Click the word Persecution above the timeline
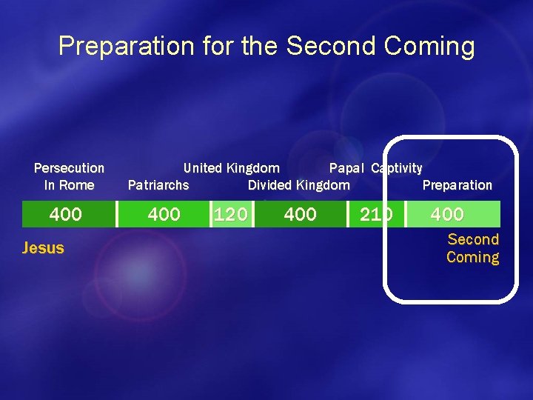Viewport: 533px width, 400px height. [69, 168]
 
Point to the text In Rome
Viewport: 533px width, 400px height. [69, 185]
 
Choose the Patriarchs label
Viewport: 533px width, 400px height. [158, 185]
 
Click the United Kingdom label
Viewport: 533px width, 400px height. [231, 168]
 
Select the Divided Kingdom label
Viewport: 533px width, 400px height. [298, 185]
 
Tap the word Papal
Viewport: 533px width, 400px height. [346, 168]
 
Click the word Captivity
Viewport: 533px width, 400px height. [397, 168]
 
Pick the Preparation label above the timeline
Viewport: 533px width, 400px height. [457, 185]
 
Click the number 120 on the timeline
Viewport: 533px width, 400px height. [230, 215]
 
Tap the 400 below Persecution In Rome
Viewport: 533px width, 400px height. [65, 215]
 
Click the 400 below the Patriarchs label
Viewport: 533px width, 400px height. [164, 215]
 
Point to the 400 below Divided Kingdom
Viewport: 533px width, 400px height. [300, 215]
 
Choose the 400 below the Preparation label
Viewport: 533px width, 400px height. [447, 215]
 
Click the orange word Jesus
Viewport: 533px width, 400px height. [43, 248]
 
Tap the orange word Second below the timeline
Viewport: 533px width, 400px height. [473, 239]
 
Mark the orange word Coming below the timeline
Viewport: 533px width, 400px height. [472, 257]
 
